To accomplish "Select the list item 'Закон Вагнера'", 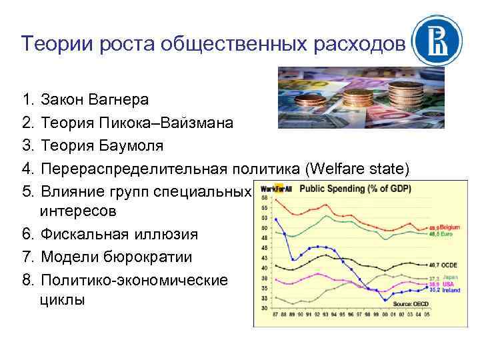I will (x=94, y=100).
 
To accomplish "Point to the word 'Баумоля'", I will (x=134, y=145).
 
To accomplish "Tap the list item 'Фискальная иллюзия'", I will (x=119, y=235).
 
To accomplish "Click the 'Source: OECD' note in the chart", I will (x=411, y=304).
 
